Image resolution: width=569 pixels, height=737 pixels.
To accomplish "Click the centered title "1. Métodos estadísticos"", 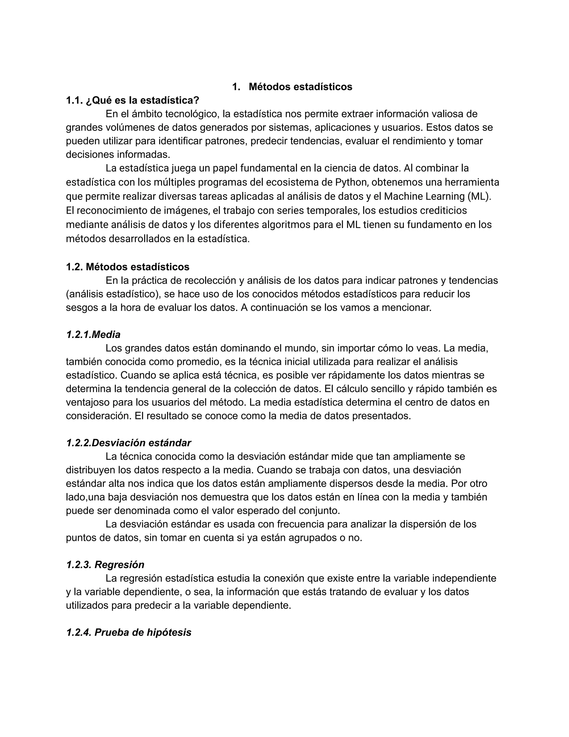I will click(x=292, y=87).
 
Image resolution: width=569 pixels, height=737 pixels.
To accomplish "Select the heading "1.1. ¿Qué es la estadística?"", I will click(x=133, y=100).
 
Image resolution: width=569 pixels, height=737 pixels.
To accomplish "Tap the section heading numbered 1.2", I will click(x=128, y=267).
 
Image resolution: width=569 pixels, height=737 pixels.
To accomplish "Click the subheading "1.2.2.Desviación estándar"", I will click(x=128, y=443).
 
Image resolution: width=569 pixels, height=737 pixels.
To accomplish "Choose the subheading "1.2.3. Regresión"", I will click(x=105, y=565).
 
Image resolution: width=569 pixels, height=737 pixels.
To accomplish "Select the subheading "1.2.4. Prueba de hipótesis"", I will click(x=129, y=632).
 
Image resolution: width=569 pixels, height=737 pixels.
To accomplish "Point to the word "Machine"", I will click(x=403, y=196).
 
